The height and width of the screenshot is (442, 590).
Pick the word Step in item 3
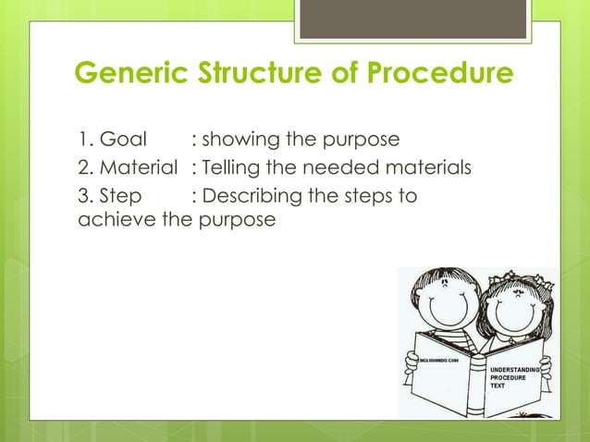click(118, 195)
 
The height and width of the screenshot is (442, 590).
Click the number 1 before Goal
click(81, 140)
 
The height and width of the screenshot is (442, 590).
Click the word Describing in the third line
click(251, 195)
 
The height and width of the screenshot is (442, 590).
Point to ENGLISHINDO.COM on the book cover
click(439, 358)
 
